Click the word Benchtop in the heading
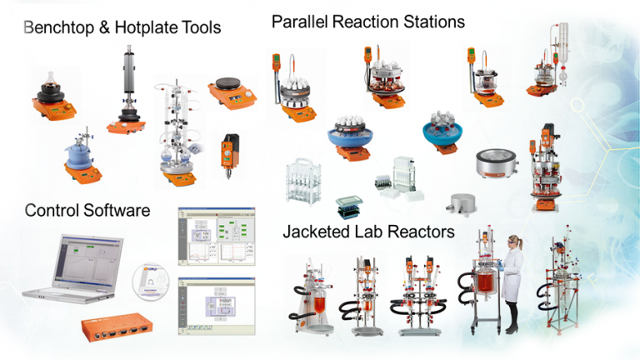point(60,28)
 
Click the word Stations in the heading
point(430,22)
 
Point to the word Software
point(118,210)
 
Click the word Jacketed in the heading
point(314,232)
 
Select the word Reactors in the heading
point(423,232)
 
